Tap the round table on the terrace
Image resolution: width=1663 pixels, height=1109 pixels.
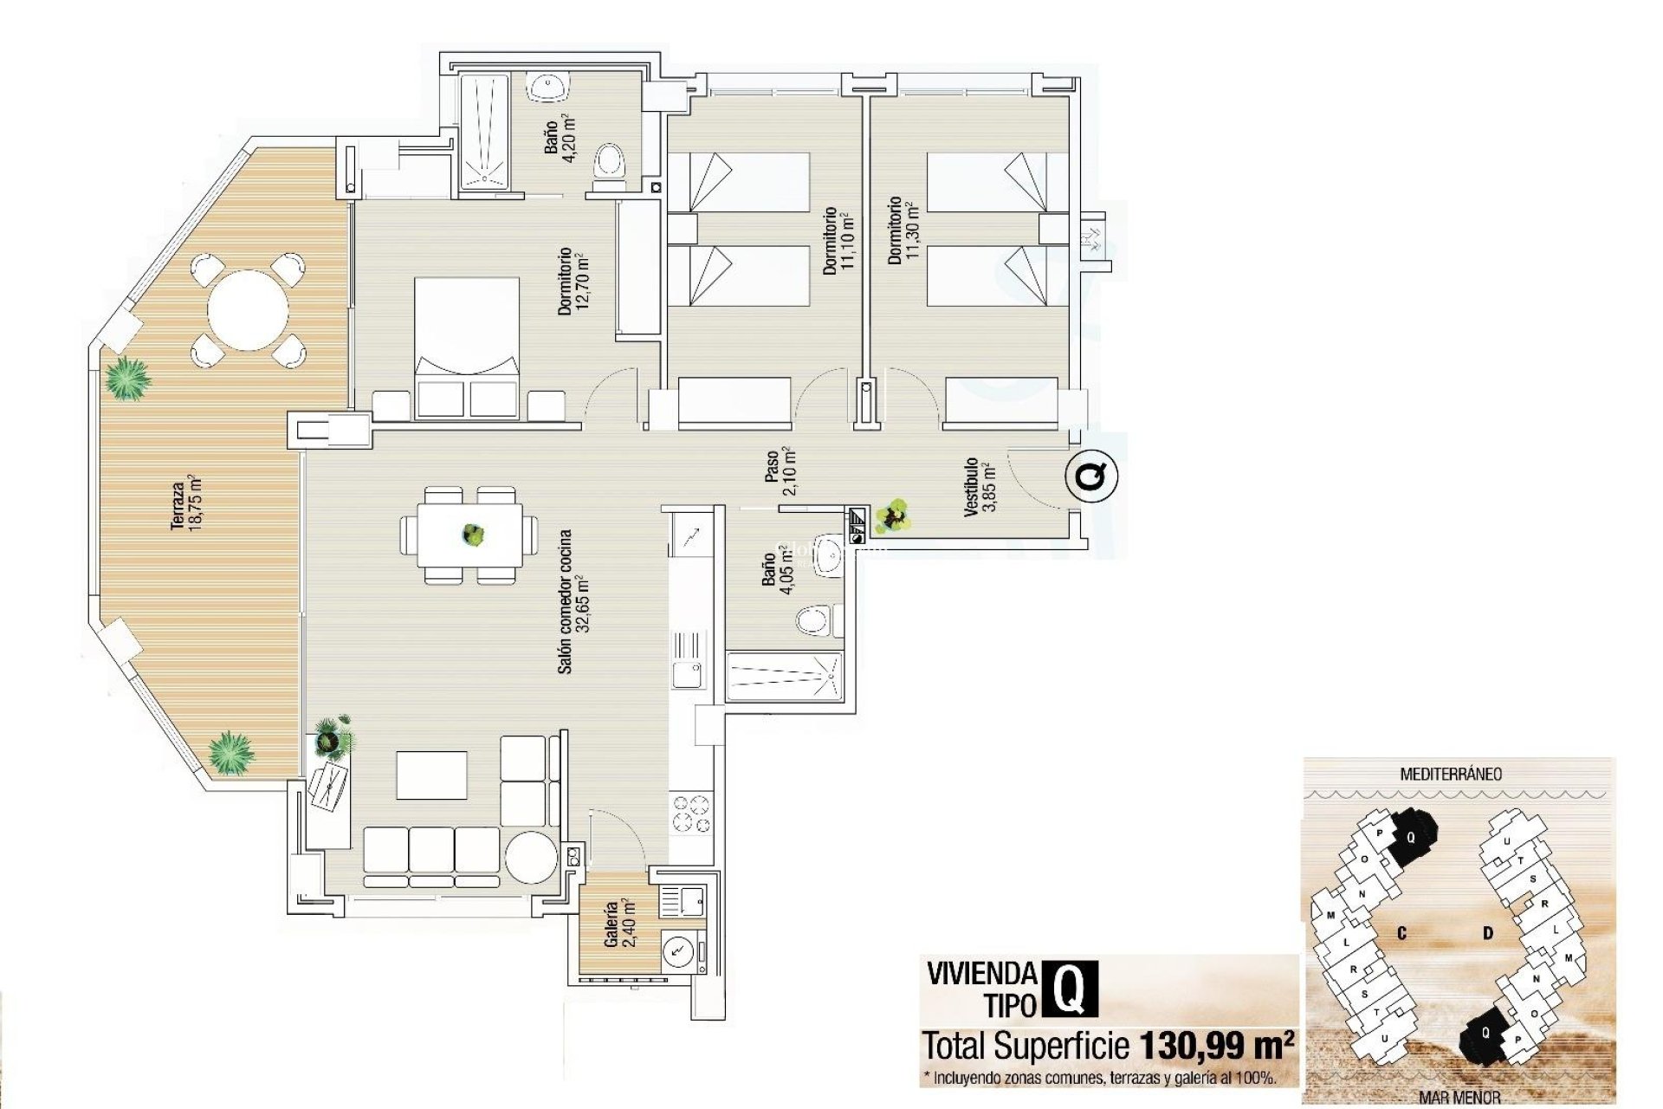click(x=248, y=309)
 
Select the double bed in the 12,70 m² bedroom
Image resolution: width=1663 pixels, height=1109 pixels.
click(x=467, y=347)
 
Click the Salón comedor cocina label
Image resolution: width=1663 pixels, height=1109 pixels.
click(x=573, y=601)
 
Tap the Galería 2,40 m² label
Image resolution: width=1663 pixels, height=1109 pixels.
click(x=620, y=924)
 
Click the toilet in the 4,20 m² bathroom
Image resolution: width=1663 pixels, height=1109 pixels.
click(x=610, y=162)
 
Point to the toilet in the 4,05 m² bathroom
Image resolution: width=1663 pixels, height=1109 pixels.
click(x=813, y=619)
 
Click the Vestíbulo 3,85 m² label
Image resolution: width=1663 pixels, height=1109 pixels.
click(x=980, y=487)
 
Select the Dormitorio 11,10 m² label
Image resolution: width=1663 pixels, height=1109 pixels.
click(x=838, y=241)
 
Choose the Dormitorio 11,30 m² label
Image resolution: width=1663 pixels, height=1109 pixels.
click(x=901, y=230)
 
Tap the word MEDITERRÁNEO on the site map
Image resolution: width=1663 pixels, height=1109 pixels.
click(x=1451, y=774)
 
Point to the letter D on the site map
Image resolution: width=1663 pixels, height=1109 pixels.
click(x=1488, y=933)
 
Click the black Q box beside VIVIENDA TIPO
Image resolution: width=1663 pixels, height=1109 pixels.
click(x=1072, y=989)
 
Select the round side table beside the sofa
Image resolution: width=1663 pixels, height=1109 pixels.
click(x=531, y=856)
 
